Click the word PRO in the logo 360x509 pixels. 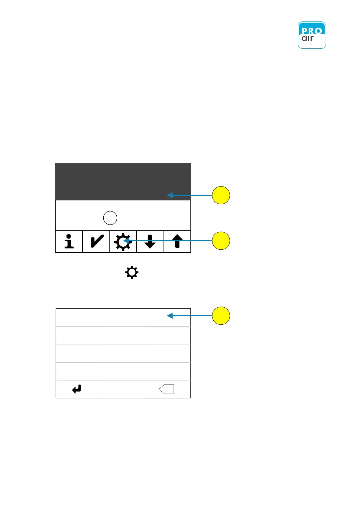click(x=312, y=31)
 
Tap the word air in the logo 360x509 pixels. click(x=308, y=39)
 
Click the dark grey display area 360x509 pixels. click(x=123, y=181)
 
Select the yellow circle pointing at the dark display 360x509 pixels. click(x=221, y=195)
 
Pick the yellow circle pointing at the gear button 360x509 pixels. click(x=221, y=241)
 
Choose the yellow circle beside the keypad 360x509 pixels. click(x=221, y=316)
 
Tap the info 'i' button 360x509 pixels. click(x=69, y=241)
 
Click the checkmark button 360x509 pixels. click(x=96, y=241)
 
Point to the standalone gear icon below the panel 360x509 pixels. click(x=132, y=273)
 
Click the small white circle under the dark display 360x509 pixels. click(x=110, y=218)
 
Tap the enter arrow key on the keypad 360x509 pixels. click(x=77, y=389)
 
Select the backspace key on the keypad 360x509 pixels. click(x=167, y=389)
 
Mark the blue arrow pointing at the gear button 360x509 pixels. click(x=169, y=241)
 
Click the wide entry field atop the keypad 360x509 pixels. click(x=123, y=317)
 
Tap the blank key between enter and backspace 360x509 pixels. click(x=123, y=389)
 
